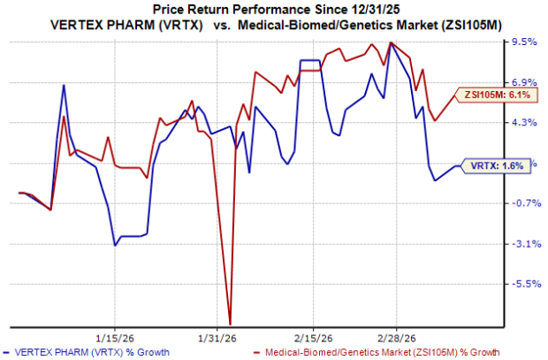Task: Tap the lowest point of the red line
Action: click(x=230, y=324)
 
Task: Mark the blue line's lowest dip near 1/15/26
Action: click(x=116, y=245)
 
